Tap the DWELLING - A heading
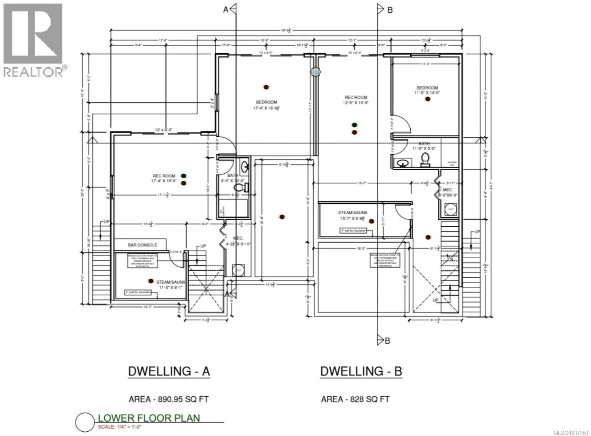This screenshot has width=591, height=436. pyautogui.click(x=169, y=371)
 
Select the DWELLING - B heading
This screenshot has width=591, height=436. pyautogui.click(x=361, y=371)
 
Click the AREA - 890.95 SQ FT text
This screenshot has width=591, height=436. pyautogui.click(x=169, y=399)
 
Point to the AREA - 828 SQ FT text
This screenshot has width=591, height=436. pyautogui.click(x=355, y=399)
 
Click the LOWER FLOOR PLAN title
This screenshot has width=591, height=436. pyautogui.click(x=149, y=418)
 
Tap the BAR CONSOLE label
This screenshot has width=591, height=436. pyautogui.click(x=143, y=245)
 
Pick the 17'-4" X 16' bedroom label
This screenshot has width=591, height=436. pyautogui.click(x=267, y=105)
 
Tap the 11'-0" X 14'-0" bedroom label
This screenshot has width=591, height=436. pyautogui.click(x=427, y=90)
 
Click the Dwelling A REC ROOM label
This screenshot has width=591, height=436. pyautogui.click(x=164, y=178)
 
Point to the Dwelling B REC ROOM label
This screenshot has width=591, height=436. pyautogui.click(x=356, y=100)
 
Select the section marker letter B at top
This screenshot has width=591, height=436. pyautogui.click(x=390, y=10)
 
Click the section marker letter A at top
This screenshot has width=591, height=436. pyautogui.click(x=226, y=10)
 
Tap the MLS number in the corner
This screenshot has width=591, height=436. pyautogui.click(x=571, y=433)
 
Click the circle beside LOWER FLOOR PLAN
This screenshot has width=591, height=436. pyautogui.click(x=85, y=422)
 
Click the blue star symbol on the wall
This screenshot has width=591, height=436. pyautogui.click(x=316, y=72)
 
